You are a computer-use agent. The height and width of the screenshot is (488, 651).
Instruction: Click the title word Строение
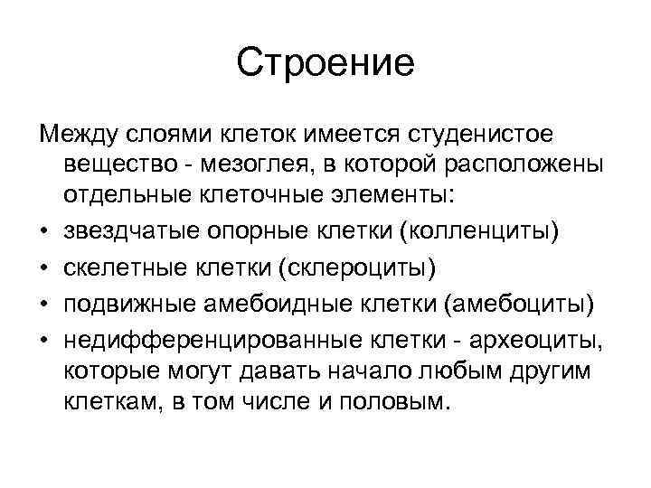click(x=325, y=62)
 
